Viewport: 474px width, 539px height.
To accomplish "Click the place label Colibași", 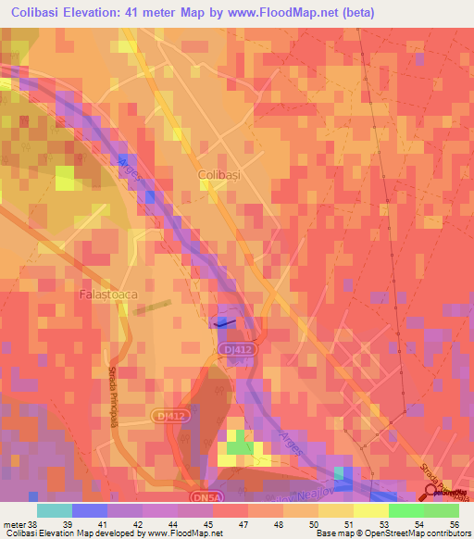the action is point(219,174).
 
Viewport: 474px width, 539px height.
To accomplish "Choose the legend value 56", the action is point(456,526).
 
